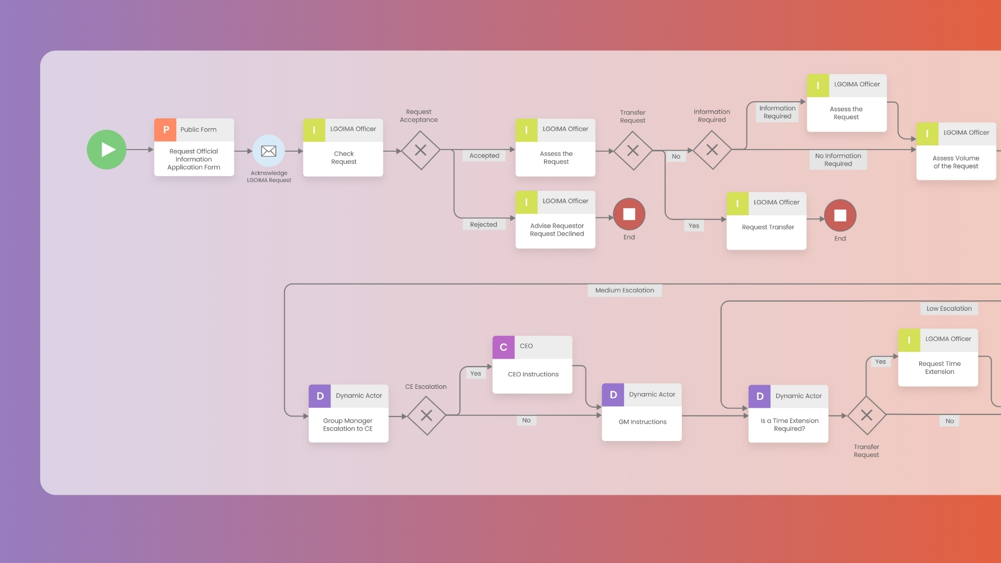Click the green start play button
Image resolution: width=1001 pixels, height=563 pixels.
[x=106, y=150]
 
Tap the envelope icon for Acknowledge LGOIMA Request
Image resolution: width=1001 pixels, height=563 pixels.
[x=268, y=151]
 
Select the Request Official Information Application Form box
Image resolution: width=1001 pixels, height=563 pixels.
[x=194, y=158]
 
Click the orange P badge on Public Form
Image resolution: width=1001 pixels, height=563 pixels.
[x=165, y=130]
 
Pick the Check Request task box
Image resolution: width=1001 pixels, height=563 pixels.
[x=343, y=157]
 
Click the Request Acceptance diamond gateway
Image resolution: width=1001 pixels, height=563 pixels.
[x=420, y=150]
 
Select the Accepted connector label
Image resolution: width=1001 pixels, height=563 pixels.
[x=484, y=155]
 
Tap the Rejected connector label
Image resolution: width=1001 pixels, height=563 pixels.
[x=483, y=225]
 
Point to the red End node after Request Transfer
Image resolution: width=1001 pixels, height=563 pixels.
[x=840, y=215]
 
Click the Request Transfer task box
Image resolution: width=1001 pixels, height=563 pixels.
[x=767, y=227]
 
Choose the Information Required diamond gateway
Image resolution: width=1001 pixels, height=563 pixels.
[x=712, y=150]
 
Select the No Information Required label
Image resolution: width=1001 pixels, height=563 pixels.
[x=838, y=160]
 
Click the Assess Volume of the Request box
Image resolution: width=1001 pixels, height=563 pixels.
[x=956, y=162]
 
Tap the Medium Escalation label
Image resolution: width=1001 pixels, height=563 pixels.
[x=625, y=290]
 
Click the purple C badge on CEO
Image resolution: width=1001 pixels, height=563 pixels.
[x=503, y=347]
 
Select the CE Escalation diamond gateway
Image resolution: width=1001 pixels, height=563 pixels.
[x=426, y=415]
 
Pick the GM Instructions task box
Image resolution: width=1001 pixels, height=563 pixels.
[x=642, y=421]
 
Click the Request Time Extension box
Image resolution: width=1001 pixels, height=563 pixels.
[x=938, y=367]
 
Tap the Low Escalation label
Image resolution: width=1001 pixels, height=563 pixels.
[x=949, y=309]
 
